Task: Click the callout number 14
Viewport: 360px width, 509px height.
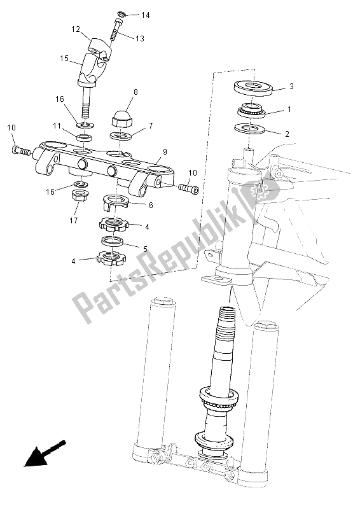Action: point(146,15)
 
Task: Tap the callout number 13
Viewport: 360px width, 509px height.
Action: point(139,39)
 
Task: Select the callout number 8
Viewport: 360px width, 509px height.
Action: point(135,92)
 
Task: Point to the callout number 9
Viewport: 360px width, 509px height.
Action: point(165,151)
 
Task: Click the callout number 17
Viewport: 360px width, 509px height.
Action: point(74,220)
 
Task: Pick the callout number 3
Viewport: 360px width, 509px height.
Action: point(291,87)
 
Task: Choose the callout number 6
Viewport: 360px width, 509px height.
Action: point(150,205)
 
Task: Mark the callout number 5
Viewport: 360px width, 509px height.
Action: point(145,249)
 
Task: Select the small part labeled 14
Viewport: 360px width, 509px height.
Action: point(121,13)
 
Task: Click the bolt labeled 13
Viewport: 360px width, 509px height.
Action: point(115,32)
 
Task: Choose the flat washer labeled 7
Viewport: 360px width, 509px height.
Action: point(121,135)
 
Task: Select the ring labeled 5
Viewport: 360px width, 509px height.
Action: point(113,242)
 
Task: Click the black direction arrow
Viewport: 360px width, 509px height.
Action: point(45,454)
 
